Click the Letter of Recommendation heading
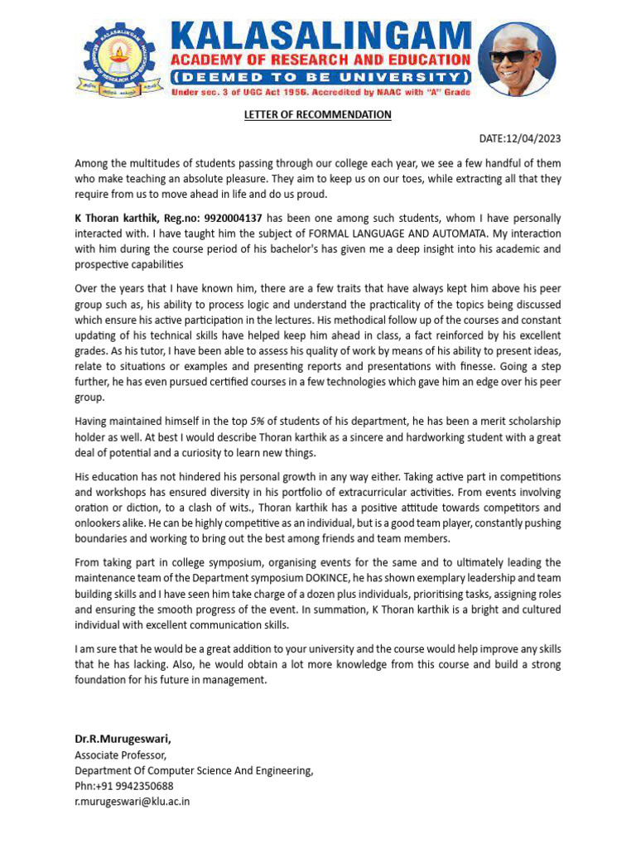[x=317, y=114]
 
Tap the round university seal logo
[x=120, y=59]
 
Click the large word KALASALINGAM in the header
[x=321, y=36]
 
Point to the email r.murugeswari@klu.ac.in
[x=132, y=802]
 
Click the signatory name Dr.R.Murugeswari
[x=123, y=739]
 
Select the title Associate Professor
[x=120, y=755]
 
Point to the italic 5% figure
[x=258, y=422]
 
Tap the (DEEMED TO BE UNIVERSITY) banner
[x=321, y=77]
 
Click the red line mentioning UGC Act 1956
[x=321, y=93]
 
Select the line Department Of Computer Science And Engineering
[x=195, y=771]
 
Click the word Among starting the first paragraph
[x=92, y=163]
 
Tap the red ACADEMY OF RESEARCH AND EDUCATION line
[x=321, y=60]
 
